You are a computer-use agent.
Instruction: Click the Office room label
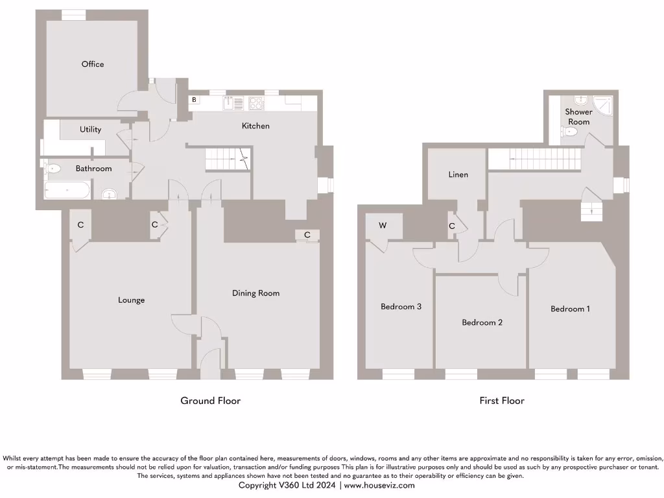click(x=93, y=64)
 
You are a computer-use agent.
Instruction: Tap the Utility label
click(x=91, y=130)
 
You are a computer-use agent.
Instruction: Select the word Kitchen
click(x=255, y=126)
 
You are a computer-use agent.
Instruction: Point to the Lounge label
click(x=131, y=300)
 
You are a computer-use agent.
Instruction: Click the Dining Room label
click(x=256, y=293)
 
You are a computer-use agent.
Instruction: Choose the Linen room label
click(x=458, y=174)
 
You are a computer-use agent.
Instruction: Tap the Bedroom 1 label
click(x=570, y=309)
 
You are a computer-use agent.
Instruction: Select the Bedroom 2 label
click(x=482, y=322)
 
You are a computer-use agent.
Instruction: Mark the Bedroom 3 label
click(x=401, y=307)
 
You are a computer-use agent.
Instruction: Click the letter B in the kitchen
click(x=194, y=101)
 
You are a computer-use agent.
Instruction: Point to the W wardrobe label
click(x=383, y=226)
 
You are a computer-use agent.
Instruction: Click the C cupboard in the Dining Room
click(x=307, y=235)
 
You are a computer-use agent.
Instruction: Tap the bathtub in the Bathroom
click(x=67, y=191)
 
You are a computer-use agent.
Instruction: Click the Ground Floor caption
click(x=210, y=401)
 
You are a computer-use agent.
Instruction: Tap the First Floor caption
click(x=502, y=401)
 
